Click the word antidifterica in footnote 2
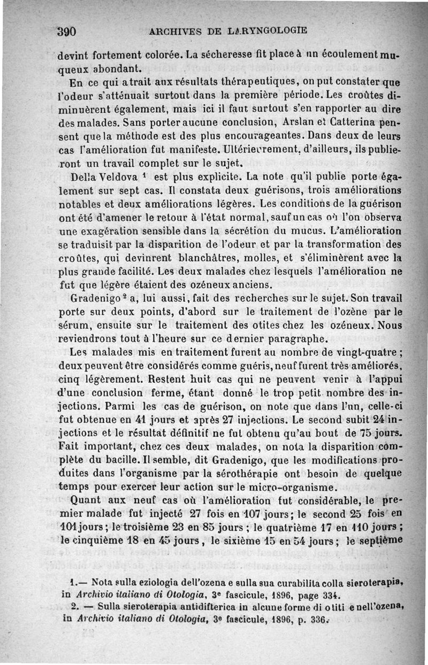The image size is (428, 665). [177, 607]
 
